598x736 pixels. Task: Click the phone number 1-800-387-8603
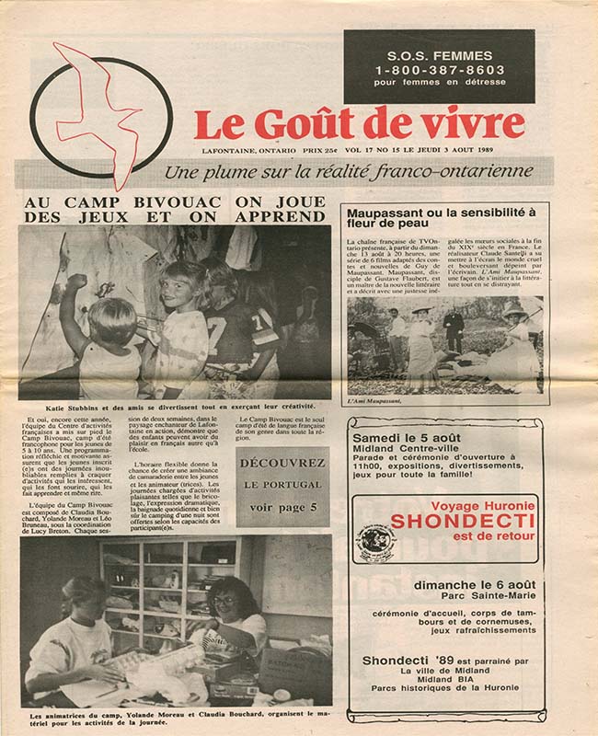439,69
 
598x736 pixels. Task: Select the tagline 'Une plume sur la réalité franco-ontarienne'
348,171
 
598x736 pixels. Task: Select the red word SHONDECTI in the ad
445,522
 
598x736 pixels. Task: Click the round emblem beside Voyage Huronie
375,542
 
